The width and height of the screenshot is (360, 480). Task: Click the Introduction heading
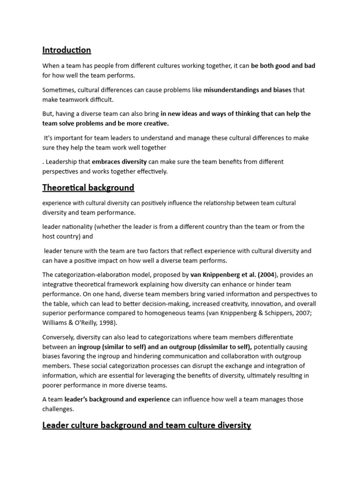tap(67, 50)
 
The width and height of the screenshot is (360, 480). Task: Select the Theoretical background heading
tap(88, 188)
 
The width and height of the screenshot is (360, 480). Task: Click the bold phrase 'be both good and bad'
tap(283, 66)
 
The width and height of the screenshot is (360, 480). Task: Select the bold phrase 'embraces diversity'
tap(119, 162)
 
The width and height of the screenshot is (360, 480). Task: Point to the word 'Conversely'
tap(58, 337)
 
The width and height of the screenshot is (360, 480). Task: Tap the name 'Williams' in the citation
tap(55, 323)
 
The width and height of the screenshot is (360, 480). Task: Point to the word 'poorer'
tap(52, 385)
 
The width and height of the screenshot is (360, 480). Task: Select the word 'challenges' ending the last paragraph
tap(59, 409)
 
